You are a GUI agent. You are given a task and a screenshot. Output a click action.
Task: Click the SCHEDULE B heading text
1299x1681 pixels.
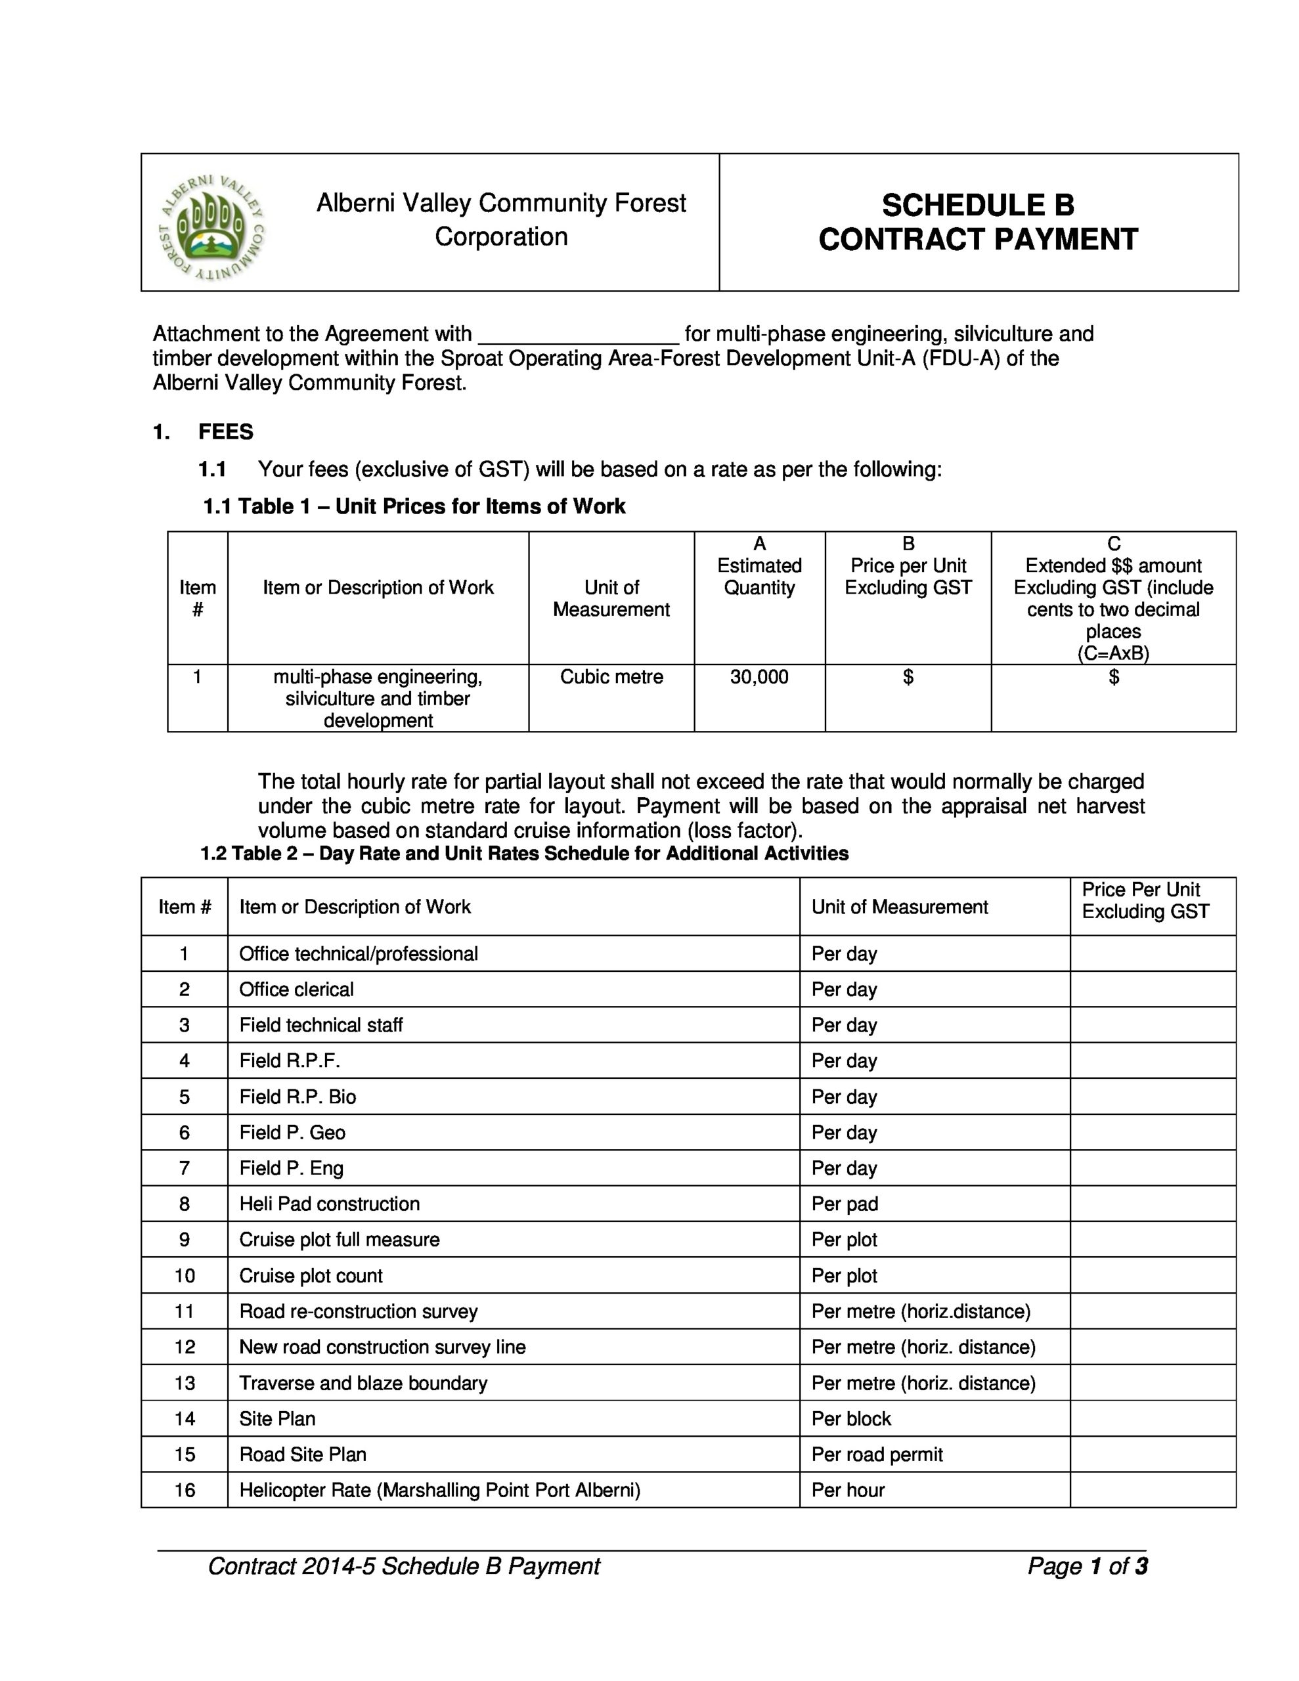point(977,206)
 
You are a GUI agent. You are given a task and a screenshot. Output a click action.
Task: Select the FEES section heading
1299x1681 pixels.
point(226,432)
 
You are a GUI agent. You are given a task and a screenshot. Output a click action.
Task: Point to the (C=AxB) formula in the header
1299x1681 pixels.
point(1112,653)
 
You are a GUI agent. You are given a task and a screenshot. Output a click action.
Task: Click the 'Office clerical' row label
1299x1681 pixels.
point(296,989)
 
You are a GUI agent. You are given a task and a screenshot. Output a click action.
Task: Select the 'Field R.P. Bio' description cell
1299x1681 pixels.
point(298,1096)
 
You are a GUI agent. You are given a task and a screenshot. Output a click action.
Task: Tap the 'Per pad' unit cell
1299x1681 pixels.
point(845,1203)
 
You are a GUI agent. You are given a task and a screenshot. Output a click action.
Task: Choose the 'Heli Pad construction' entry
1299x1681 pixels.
point(330,1203)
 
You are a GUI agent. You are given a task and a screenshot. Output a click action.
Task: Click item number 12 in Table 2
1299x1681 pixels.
point(185,1346)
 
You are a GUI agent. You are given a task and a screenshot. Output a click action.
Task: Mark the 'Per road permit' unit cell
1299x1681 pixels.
point(876,1454)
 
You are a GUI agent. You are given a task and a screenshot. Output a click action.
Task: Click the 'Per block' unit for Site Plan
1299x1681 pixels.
point(851,1418)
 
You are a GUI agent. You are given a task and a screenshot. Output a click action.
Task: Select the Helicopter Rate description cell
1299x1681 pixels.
point(439,1489)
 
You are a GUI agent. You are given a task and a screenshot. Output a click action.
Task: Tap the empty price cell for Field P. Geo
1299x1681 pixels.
point(1152,1132)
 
